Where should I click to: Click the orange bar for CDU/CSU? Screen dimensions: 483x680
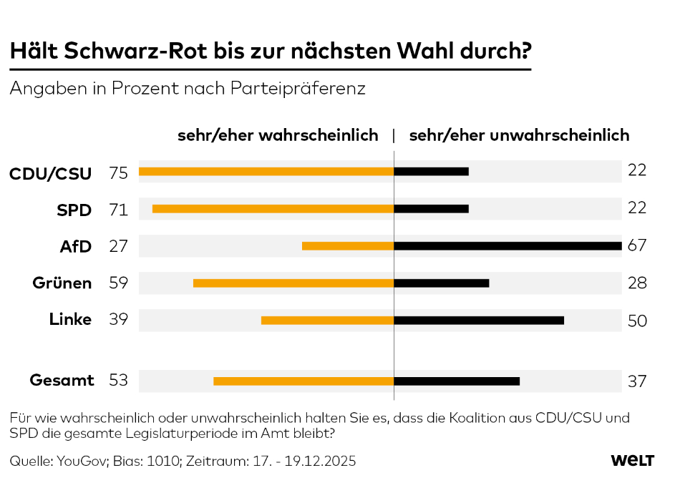tap(266, 172)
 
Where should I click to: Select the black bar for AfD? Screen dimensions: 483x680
tap(507, 246)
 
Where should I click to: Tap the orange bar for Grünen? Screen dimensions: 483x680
tap(293, 283)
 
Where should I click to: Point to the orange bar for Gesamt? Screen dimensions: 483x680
tap(303, 381)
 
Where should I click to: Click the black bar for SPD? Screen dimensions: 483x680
tap(432, 209)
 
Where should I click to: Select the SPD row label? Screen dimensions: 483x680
tap(74, 210)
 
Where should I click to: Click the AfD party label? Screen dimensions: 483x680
tap(76, 247)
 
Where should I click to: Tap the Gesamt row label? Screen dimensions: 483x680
tap(62, 381)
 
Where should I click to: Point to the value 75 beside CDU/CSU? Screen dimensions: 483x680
tap(118, 172)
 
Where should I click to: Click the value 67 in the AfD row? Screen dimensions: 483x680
tap(637, 246)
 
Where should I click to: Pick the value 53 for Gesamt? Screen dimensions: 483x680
tap(118, 381)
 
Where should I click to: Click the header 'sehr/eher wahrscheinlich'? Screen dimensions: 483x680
tap(278, 135)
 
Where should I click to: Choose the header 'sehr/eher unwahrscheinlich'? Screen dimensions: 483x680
tap(519, 135)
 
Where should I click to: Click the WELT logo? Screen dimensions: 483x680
tap(632, 461)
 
